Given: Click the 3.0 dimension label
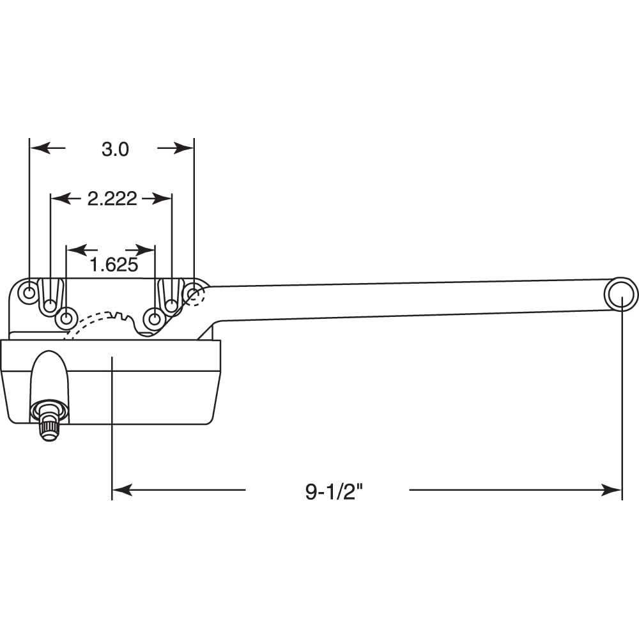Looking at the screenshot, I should pyautogui.click(x=115, y=149).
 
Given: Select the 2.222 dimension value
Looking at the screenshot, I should pyautogui.click(x=112, y=199).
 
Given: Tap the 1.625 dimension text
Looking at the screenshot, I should pyautogui.click(x=113, y=265).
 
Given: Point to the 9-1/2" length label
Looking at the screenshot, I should pyautogui.click(x=327, y=491).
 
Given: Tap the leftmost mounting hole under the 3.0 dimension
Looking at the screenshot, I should pyautogui.click(x=29, y=293).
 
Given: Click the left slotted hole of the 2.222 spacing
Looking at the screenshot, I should pyautogui.click(x=50, y=304).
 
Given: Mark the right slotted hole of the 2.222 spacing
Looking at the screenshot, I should pyautogui.click(x=171, y=304).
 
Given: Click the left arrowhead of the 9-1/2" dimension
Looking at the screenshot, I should pyautogui.click(x=121, y=490).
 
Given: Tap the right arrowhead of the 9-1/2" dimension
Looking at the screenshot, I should pyautogui.click(x=613, y=490).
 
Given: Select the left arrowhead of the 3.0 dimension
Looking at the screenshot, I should pyautogui.click(x=38, y=148).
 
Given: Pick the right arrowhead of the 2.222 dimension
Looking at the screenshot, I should pyautogui.click(x=164, y=199).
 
